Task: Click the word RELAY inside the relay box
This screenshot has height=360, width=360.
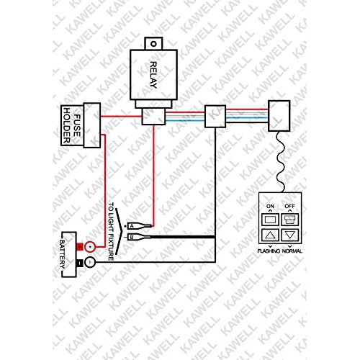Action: coord(153,75)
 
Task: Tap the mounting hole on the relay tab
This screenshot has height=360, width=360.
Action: coord(153,44)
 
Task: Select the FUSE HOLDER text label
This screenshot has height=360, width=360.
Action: coord(71,125)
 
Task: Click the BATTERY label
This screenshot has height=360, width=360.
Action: coord(62,254)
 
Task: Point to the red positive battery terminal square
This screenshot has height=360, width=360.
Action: coord(79,247)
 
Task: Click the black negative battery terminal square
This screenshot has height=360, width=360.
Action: coord(79,263)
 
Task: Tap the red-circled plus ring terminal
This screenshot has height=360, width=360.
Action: coord(90,247)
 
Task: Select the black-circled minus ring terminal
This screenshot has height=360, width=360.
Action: coord(90,262)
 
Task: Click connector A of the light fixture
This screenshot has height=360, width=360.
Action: coord(140,226)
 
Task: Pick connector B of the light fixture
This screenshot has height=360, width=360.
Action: coord(139,237)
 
